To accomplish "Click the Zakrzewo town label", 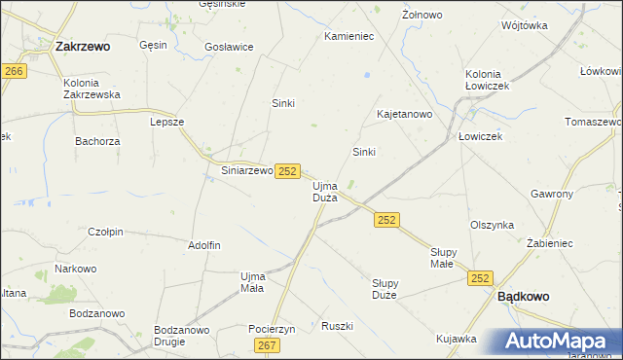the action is pyautogui.click(x=83, y=45).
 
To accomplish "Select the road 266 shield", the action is pyautogui.click(x=14, y=72).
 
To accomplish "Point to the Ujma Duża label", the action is pyautogui.click(x=324, y=191).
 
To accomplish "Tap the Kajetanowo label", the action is pyautogui.click(x=404, y=114).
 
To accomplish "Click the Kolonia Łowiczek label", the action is pyautogui.click(x=488, y=80).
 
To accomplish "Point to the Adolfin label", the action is pyautogui.click(x=204, y=245).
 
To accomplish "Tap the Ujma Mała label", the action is pyautogui.click(x=252, y=282).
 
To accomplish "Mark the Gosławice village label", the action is pyautogui.click(x=229, y=47).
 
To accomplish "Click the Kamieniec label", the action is pyautogui.click(x=348, y=37).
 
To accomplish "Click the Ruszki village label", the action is pyautogui.click(x=336, y=326).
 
